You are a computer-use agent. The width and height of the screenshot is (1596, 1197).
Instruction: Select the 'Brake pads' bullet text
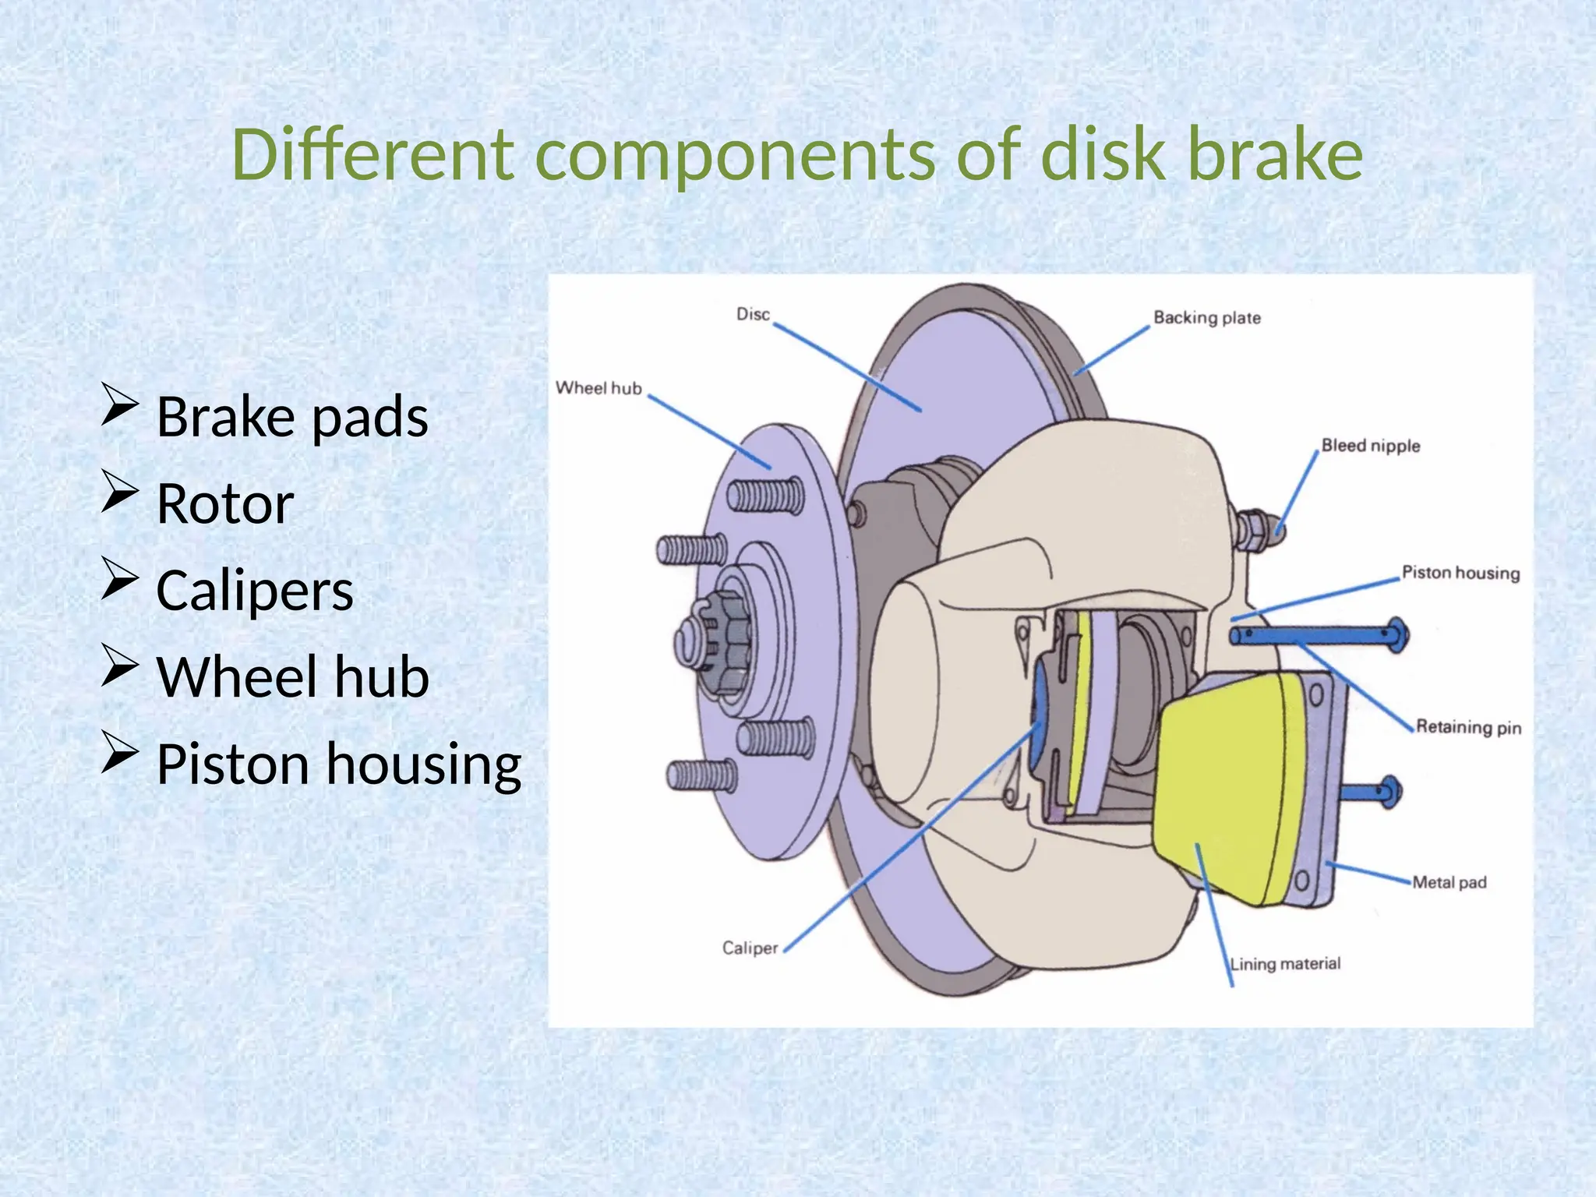point(292,416)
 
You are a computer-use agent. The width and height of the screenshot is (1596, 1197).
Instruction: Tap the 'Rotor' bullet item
point(225,503)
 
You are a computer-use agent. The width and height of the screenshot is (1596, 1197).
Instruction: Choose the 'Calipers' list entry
point(255,590)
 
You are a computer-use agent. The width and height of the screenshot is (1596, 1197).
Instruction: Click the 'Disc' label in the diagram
point(753,314)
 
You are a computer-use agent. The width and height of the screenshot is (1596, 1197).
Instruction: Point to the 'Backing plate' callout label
point(1206,318)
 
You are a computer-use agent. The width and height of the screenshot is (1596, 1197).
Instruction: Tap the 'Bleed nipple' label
point(1370,446)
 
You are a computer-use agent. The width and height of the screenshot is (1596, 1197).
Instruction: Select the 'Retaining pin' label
point(1468,727)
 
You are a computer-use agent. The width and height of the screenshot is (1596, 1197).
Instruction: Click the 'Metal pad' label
point(1449,882)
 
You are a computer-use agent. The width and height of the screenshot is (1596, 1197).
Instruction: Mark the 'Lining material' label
point(1285,964)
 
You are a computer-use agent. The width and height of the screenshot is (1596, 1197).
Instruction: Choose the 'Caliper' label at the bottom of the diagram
point(750,948)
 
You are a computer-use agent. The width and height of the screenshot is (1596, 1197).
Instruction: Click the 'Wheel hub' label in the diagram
point(598,388)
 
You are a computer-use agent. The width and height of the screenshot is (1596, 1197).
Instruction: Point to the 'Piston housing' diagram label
point(1460,573)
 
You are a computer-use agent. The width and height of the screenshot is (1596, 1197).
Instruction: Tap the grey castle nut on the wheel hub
point(721,631)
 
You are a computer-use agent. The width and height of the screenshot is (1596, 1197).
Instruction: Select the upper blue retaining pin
point(1317,636)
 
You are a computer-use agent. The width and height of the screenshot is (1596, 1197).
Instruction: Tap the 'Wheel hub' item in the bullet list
point(292,676)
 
